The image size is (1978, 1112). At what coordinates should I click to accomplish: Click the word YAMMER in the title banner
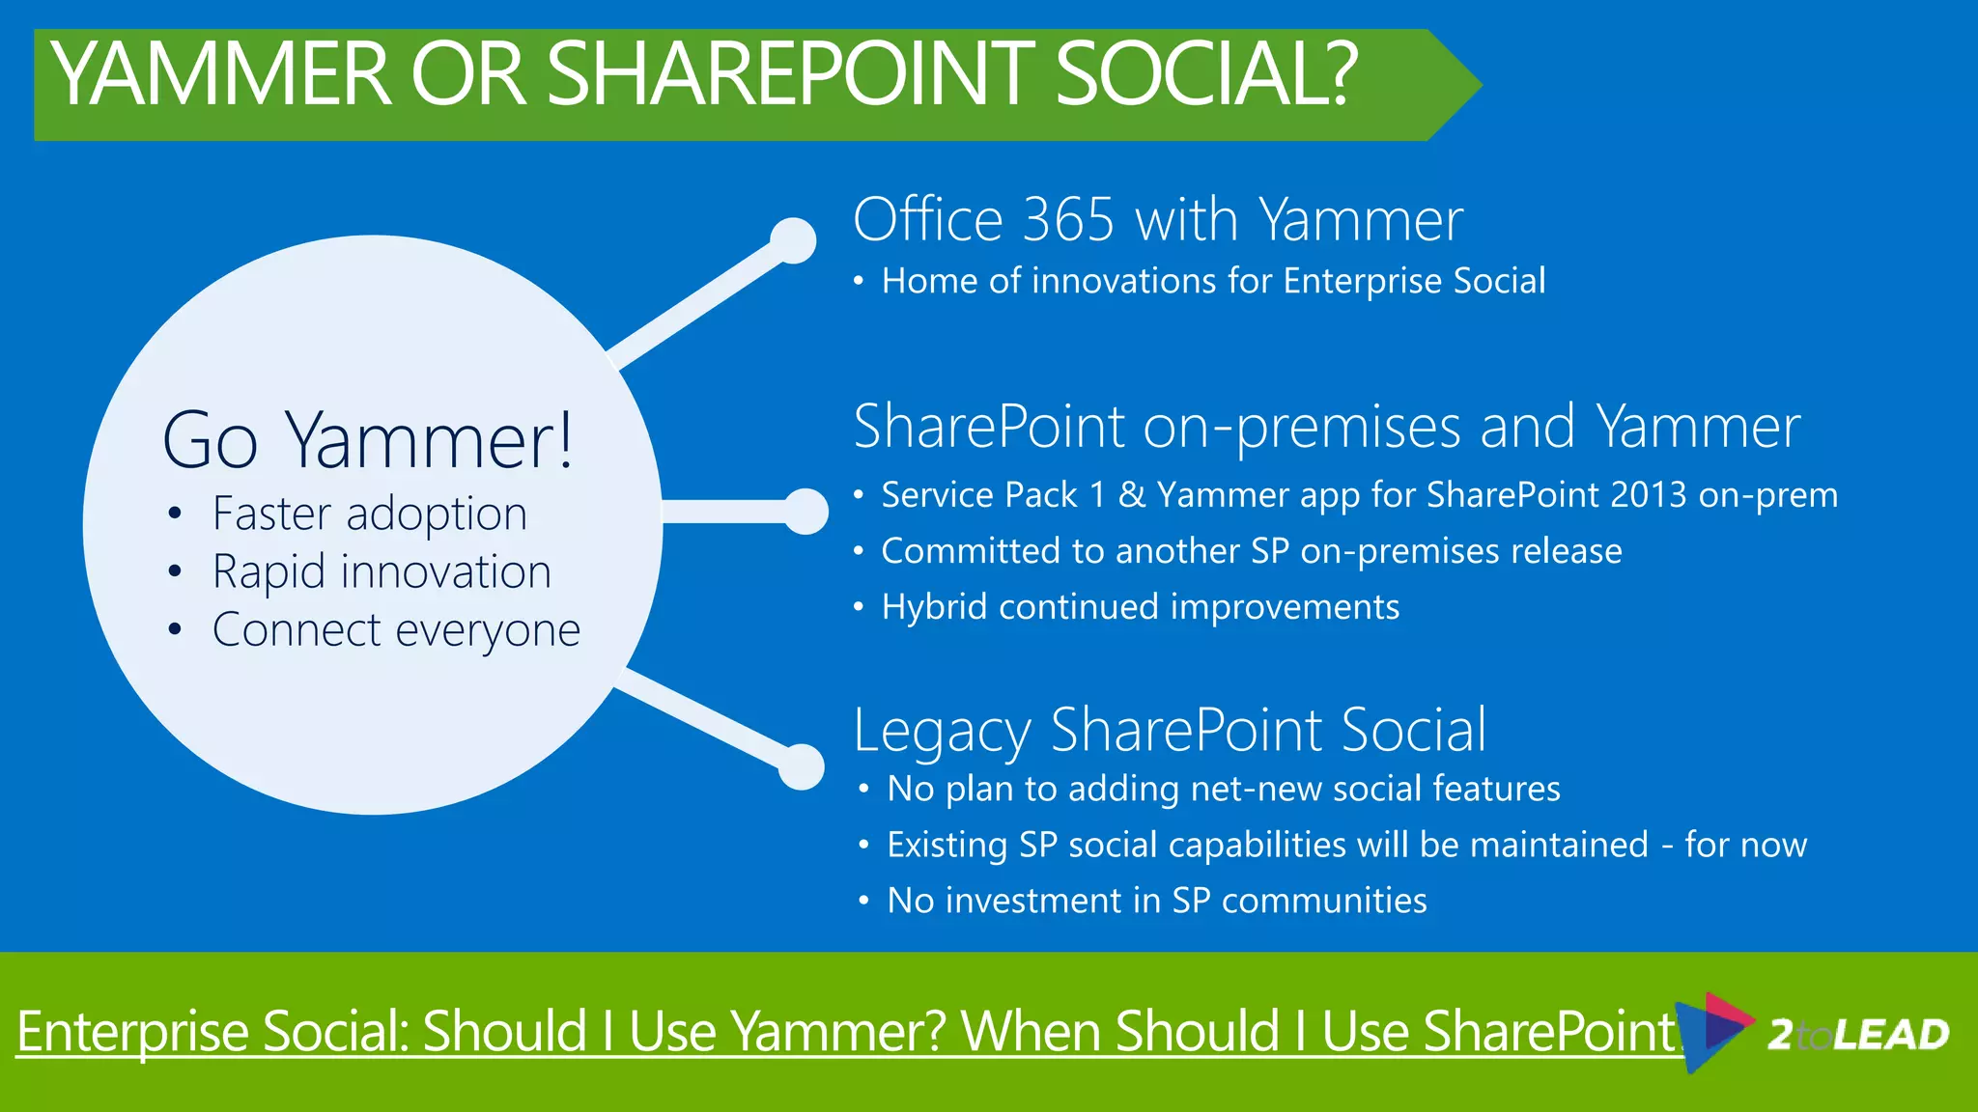pyautogui.click(x=220, y=74)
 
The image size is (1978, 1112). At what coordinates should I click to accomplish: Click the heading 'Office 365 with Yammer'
pyautogui.click(x=1157, y=220)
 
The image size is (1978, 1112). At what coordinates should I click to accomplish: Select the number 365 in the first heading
pyautogui.click(x=1068, y=220)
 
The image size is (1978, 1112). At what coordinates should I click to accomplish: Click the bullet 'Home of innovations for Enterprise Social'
pyautogui.click(x=1213, y=281)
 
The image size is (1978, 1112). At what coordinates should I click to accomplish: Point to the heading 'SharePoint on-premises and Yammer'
pyautogui.click(x=1326, y=426)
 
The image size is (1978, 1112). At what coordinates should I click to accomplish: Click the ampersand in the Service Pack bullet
pyautogui.click(x=1131, y=495)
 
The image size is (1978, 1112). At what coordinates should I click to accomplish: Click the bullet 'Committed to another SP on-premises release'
pyautogui.click(x=1251, y=551)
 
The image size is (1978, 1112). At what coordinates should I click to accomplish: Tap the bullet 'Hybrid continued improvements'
pyautogui.click(x=1140, y=607)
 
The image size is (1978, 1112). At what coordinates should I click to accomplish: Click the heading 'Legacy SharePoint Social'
pyautogui.click(x=1170, y=730)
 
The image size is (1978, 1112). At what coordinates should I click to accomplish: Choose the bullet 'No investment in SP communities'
pyautogui.click(x=1156, y=901)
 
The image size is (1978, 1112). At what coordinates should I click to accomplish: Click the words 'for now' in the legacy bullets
pyautogui.click(x=1745, y=845)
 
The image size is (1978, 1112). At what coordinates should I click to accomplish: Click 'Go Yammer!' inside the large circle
pyautogui.click(x=368, y=440)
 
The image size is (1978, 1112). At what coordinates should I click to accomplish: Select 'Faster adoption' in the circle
pyautogui.click(x=369, y=514)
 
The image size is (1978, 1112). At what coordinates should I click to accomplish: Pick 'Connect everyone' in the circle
pyautogui.click(x=396, y=630)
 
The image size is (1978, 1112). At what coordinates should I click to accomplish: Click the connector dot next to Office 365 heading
pyautogui.click(x=794, y=240)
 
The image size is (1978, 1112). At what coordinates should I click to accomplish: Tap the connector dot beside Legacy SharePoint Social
pyautogui.click(x=801, y=767)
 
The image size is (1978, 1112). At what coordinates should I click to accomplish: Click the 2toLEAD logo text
pyautogui.click(x=1856, y=1035)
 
